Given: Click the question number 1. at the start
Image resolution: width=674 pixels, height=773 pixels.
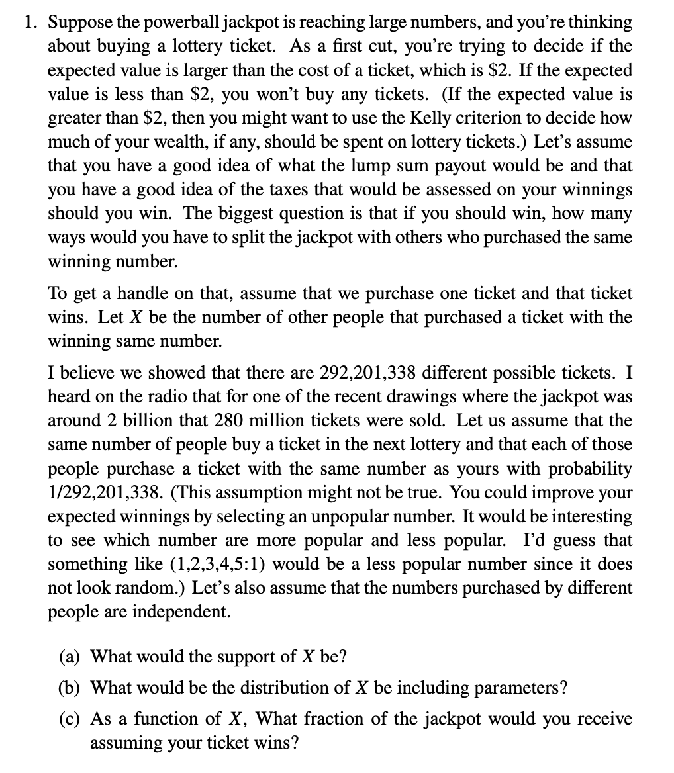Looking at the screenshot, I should [31, 23].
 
